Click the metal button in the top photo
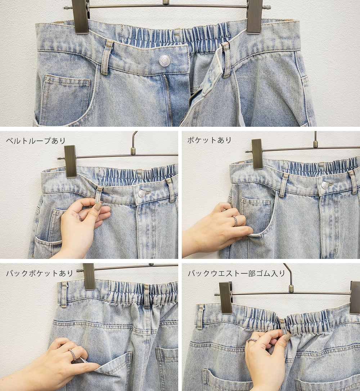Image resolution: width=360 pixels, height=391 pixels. pyautogui.click(x=165, y=60)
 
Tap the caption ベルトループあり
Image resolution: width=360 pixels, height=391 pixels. pyautogui.click(x=36, y=141)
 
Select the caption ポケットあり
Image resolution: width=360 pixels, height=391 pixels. pyautogui.click(x=209, y=140)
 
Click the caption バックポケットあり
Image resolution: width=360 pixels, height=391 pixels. pyautogui.click(x=39, y=273)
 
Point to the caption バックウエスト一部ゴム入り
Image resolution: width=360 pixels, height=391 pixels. pyautogui.click(x=237, y=274)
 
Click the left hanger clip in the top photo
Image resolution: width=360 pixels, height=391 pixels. pyautogui.click(x=80, y=16)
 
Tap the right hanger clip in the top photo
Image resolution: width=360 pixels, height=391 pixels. pyautogui.click(x=254, y=16)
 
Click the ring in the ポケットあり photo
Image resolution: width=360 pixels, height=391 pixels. pyautogui.click(x=235, y=221)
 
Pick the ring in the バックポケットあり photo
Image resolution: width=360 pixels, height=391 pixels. pyautogui.click(x=73, y=354)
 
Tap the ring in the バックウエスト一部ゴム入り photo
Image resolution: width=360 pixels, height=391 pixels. pyautogui.click(x=252, y=340)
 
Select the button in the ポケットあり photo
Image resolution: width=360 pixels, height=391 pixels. pyautogui.click(x=324, y=185)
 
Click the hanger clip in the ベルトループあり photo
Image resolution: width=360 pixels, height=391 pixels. pyautogui.click(x=71, y=161)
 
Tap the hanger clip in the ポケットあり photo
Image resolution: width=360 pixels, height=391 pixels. pyautogui.click(x=257, y=154)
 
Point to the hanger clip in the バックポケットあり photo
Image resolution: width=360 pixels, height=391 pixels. pyautogui.click(x=89, y=276)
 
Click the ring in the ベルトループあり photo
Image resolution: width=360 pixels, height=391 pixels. pyautogui.click(x=80, y=217)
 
